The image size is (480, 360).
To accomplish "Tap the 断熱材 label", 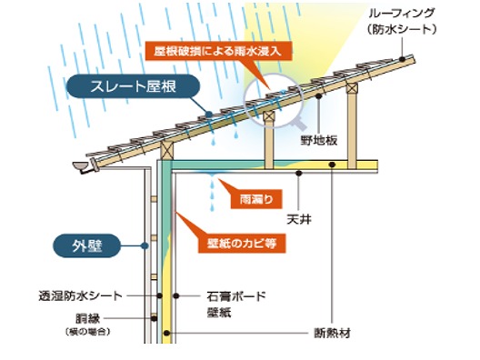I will click(x=335, y=331).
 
